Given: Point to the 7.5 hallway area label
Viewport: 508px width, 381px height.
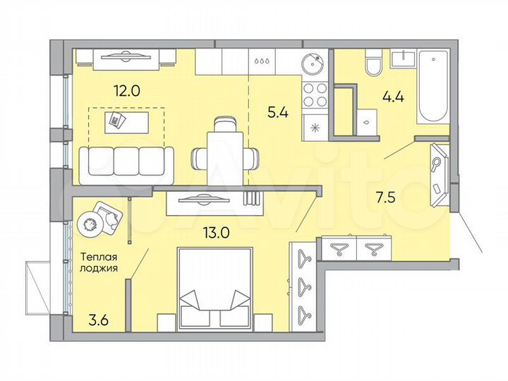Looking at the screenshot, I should coord(385,197).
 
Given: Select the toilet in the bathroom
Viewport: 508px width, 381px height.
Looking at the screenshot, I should coord(373,66).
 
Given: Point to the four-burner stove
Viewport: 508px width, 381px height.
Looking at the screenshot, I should coord(313,95).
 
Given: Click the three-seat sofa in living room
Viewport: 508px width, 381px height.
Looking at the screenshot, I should coord(126,161).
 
